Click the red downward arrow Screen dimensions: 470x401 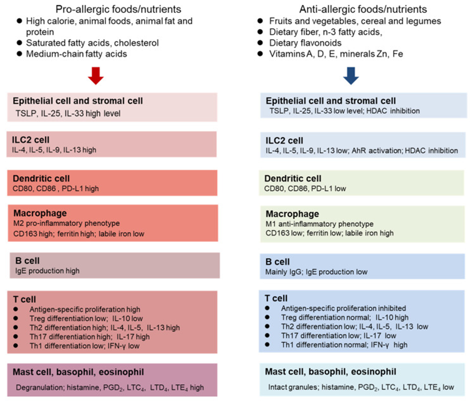(x=96, y=76)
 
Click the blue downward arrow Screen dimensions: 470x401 (x=351, y=76)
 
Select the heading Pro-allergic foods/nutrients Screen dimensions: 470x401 (x=119, y=9)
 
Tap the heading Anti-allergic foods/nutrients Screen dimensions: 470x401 (x=363, y=9)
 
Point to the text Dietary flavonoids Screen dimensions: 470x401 (x=305, y=43)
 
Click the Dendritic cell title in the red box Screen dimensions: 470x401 (x=41, y=179)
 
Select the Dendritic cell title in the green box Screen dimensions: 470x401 (x=293, y=179)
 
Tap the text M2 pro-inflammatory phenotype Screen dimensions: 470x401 (x=67, y=223)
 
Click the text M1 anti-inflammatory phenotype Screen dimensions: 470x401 (x=320, y=224)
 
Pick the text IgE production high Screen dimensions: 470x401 (x=47, y=271)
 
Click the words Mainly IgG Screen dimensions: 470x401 (x=284, y=272)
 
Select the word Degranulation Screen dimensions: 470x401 (x=40, y=387)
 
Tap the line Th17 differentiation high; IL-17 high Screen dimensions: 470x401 (x=89, y=337)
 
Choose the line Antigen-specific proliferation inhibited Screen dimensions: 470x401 (x=344, y=308)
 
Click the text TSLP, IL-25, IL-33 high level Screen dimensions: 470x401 (x=68, y=113)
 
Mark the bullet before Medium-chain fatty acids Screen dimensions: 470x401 (x=19, y=54)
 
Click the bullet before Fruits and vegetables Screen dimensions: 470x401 (x=260, y=21)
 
